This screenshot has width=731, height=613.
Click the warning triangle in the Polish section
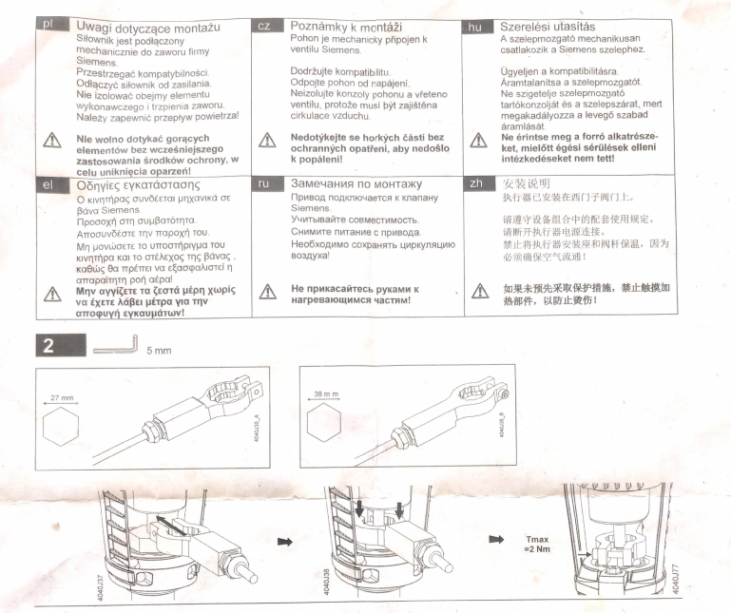click(x=52, y=140)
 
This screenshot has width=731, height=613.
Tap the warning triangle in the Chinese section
click(x=480, y=291)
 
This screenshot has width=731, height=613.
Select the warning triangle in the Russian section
click(x=268, y=292)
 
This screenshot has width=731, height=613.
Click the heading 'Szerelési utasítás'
click(x=548, y=27)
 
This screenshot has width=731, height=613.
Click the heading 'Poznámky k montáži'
click(x=346, y=26)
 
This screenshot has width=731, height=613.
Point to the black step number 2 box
click(x=61, y=345)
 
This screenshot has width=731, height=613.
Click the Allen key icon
click(x=115, y=344)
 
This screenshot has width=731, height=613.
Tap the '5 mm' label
click(x=159, y=351)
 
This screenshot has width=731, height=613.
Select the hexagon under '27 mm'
click(x=61, y=426)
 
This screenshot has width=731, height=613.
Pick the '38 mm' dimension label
click(x=326, y=393)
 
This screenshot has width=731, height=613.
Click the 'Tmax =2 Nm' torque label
click(x=537, y=544)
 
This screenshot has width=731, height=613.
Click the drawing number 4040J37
click(x=101, y=587)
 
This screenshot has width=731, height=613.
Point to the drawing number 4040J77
click(x=676, y=579)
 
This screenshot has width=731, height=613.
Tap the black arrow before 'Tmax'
click(x=496, y=540)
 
